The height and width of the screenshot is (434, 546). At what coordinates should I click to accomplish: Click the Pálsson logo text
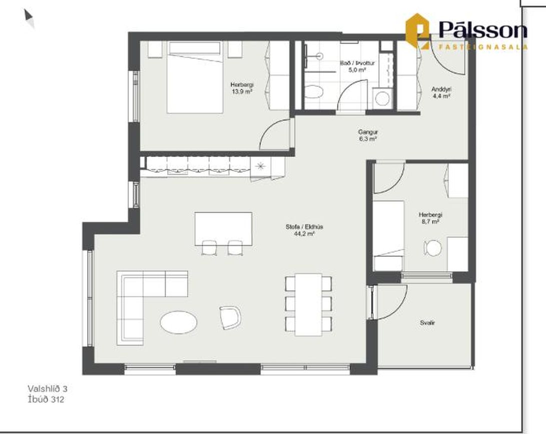(x=483, y=30)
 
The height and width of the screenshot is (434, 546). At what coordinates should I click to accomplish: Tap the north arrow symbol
(x=29, y=18)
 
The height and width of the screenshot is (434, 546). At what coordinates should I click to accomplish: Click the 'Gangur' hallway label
(x=368, y=132)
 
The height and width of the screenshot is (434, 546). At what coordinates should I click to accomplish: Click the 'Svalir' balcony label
(x=427, y=323)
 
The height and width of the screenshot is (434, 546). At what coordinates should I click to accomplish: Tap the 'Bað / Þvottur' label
(x=357, y=63)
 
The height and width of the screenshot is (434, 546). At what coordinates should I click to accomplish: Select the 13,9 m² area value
(x=242, y=92)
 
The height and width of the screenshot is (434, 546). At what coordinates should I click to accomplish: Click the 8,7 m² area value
(x=430, y=222)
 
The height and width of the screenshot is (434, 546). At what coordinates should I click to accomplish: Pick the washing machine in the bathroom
(x=382, y=99)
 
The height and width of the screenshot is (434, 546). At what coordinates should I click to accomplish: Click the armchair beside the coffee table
(x=231, y=317)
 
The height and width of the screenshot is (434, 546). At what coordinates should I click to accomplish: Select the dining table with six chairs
(x=308, y=304)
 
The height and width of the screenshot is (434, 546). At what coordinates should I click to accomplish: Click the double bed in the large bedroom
(x=195, y=77)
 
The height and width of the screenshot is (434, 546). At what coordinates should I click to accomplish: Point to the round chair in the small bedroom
(x=433, y=248)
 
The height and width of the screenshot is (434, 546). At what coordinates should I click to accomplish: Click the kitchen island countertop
(x=223, y=228)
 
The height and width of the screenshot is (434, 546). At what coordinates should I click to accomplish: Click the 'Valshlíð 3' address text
(x=48, y=388)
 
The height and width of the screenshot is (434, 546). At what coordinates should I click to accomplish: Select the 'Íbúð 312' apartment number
(x=46, y=399)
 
